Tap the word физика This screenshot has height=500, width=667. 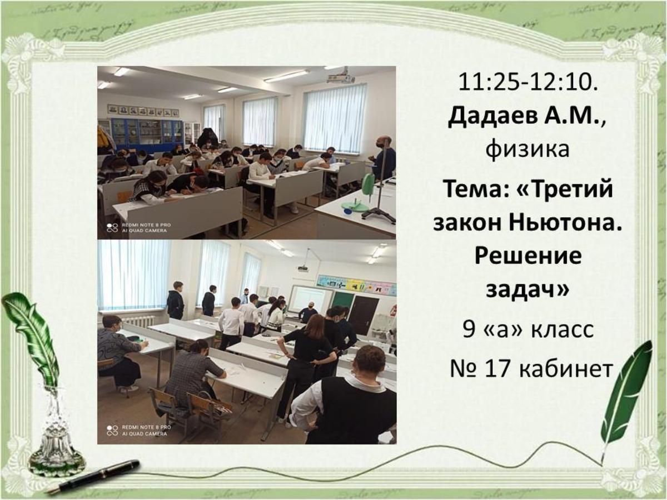tap(527, 150)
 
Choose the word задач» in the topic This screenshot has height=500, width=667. tap(527, 289)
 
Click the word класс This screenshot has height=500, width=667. tap(563, 329)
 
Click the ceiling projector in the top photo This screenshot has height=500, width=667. tap(341, 78)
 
